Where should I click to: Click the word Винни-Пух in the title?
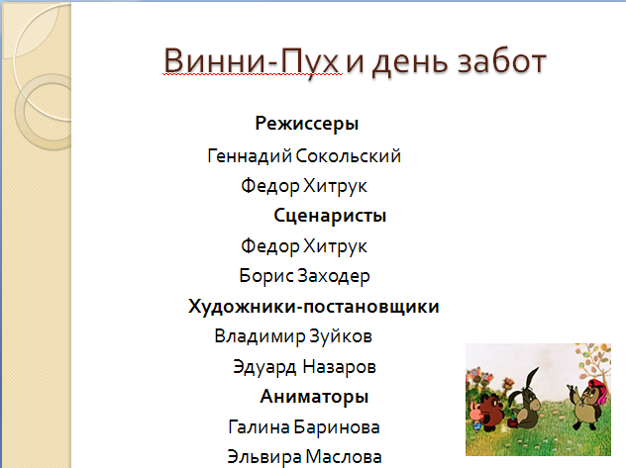[x=252, y=61]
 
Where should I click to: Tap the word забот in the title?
[x=501, y=62]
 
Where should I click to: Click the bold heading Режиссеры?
[x=307, y=123]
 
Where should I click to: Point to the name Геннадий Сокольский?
[x=304, y=156]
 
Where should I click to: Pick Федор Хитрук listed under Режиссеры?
[x=304, y=186]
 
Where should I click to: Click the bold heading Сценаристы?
[x=330, y=216]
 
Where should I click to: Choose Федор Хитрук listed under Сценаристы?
[x=304, y=246]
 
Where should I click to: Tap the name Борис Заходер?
[x=304, y=276]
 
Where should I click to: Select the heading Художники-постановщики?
[x=313, y=307]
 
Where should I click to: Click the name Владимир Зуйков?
[x=293, y=336]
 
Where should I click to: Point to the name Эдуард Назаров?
[x=304, y=367]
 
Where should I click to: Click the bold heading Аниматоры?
[x=314, y=397]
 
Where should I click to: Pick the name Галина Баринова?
[x=304, y=427]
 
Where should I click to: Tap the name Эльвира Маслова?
[x=304, y=457]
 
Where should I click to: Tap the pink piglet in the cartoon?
[x=475, y=417]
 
